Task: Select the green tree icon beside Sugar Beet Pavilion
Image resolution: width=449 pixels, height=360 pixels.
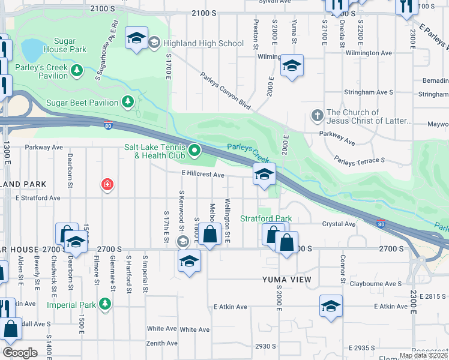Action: click(128, 103)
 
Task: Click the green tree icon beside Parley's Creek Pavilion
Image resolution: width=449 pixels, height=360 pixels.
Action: click(77, 71)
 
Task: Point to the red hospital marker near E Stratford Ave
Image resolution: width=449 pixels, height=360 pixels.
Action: click(107, 184)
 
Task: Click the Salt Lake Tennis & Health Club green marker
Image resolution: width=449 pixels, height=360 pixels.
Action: click(194, 151)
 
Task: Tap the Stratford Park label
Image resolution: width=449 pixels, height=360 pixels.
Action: click(266, 218)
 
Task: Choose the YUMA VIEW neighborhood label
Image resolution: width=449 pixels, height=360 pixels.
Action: click(286, 280)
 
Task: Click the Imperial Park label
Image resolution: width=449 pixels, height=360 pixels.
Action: click(71, 304)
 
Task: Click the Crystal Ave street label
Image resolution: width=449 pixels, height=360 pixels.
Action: click(339, 224)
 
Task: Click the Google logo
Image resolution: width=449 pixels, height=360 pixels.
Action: click(20, 353)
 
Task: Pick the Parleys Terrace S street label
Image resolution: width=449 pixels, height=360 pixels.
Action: click(359, 161)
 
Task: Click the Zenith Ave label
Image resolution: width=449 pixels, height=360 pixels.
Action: click(162, 343)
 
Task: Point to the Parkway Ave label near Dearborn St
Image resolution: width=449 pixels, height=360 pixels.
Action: click(44, 147)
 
